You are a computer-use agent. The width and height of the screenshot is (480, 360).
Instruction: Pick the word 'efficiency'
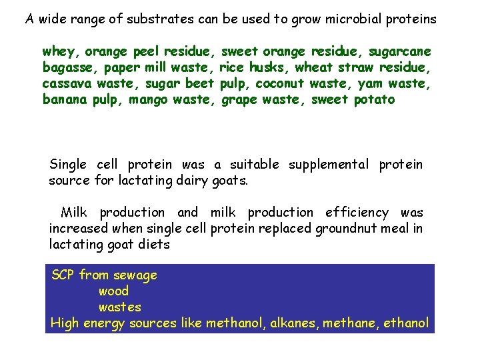(357, 213)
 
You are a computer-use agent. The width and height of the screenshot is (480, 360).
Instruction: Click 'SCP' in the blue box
(63, 275)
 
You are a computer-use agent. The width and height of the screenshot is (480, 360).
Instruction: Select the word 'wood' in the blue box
(113, 291)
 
